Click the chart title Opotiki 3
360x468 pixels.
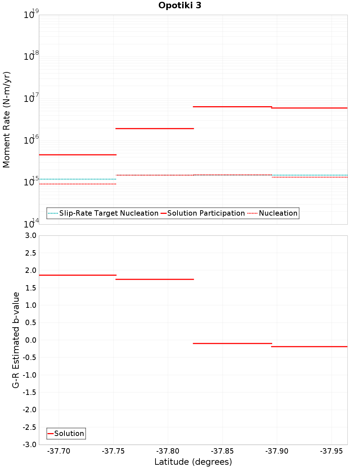(x=180, y=5)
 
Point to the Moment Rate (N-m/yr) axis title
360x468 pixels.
(x=6, y=120)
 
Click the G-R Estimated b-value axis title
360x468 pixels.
(x=16, y=340)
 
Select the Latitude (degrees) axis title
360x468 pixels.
(x=193, y=462)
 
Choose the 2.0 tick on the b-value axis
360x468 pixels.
(x=30, y=270)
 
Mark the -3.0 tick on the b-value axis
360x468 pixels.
(x=29, y=445)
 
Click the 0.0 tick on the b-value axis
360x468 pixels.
(x=30, y=340)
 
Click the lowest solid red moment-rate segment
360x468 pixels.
(x=77, y=155)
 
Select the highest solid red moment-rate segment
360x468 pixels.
(x=232, y=107)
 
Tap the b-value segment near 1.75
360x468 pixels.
(x=154, y=279)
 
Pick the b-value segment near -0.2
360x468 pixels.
(x=309, y=347)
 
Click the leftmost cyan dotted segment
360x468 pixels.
(x=77, y=179)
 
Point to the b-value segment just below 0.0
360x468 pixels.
(x=232, y=343)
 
